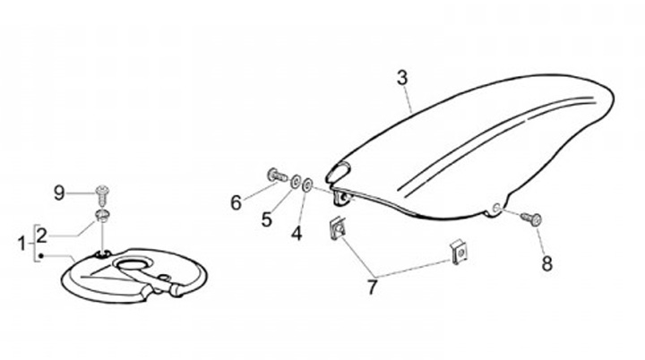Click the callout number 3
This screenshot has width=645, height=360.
[x=402, y=79]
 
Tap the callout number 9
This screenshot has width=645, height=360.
[x=60, y=192]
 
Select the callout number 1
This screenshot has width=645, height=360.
[x=22, y=242]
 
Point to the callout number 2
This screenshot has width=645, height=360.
[x=41, y=235]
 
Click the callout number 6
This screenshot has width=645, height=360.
[x=236, y=202]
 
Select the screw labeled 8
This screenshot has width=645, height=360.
[x=534, y=217]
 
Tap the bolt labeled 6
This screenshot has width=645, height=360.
[x=274, y=174]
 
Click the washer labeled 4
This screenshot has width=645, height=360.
[x=307, y=184]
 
